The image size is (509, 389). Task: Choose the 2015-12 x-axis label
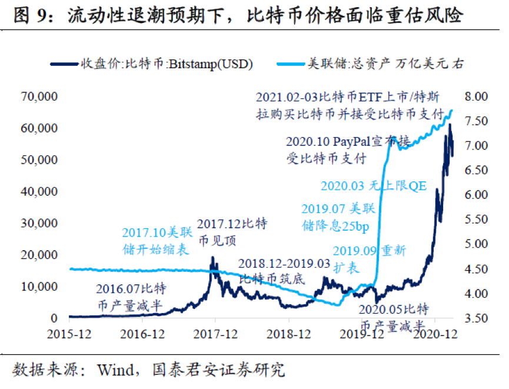68,334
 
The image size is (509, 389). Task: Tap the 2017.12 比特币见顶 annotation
232,232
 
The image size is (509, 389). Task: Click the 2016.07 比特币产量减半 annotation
132,297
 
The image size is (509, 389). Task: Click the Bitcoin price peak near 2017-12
212,257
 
